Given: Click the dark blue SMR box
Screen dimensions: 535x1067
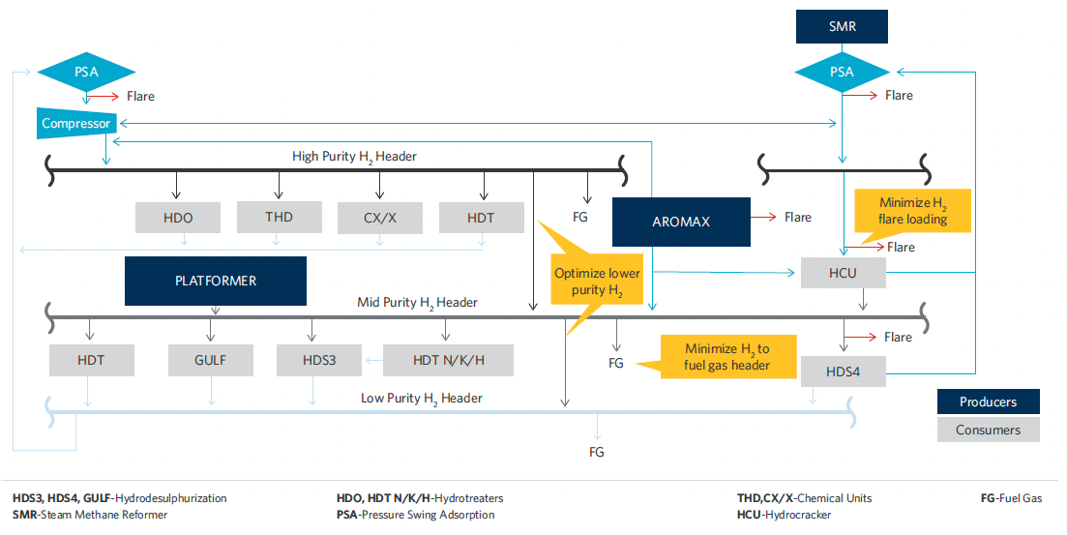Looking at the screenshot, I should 842,27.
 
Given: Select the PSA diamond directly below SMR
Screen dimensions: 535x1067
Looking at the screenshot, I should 842,72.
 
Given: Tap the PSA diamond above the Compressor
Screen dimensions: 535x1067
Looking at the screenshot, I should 86,72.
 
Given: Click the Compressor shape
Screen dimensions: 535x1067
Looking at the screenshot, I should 76,124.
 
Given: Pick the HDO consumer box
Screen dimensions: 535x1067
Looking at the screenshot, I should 178,218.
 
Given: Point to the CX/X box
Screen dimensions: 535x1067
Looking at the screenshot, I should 379,218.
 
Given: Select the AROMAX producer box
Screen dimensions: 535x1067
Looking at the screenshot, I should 681,222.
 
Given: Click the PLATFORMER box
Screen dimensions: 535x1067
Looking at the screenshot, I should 215,281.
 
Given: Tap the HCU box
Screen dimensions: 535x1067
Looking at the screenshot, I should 842,273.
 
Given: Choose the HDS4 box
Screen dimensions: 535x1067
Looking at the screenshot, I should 843,372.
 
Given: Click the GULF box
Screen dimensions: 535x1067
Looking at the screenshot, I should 210,360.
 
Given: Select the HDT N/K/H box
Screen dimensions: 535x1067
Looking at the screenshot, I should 448,360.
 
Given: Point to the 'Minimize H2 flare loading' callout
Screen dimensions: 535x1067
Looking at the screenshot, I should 912,211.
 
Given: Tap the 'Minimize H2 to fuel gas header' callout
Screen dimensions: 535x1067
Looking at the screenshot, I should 726,356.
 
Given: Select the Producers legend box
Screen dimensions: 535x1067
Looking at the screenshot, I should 988,401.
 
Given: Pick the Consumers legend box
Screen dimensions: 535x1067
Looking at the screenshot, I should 988,430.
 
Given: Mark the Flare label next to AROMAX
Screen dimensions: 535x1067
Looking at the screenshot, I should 797,218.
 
